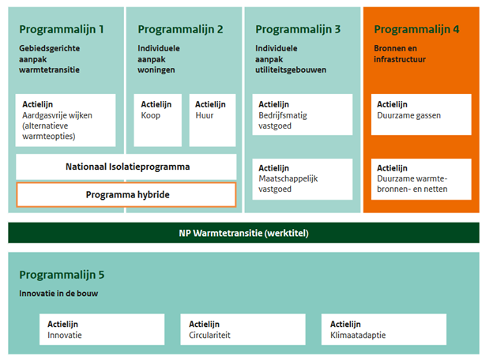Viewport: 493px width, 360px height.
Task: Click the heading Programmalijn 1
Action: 62,29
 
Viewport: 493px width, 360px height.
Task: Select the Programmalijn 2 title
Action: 180,29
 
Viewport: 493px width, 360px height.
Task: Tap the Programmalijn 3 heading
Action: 298,29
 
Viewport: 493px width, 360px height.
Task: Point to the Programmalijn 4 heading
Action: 416,29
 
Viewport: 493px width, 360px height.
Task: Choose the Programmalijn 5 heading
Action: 62,275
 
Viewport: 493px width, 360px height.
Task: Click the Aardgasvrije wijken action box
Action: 66,120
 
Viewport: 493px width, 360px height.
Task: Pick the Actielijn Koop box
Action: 157,120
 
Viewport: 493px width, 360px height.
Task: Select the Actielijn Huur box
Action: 213,120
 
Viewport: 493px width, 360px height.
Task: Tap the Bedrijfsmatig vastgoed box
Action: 302,114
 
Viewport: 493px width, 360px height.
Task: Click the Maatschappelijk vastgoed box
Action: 302,179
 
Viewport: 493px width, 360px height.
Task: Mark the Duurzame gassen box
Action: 421,114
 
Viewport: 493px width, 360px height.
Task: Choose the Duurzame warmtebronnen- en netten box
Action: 421,179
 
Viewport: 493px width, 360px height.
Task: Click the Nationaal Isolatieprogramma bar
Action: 126,167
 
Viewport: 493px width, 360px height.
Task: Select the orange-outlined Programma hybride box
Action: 126,195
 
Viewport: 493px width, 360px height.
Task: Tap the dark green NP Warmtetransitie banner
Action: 243,233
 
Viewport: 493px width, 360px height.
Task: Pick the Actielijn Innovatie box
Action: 102,329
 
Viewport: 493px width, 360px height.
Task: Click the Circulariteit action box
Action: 243,329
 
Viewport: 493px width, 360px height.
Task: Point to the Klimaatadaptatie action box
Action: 384,329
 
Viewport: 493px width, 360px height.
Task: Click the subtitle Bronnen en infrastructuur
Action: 400,54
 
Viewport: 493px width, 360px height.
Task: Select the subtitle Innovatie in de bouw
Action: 58,294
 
